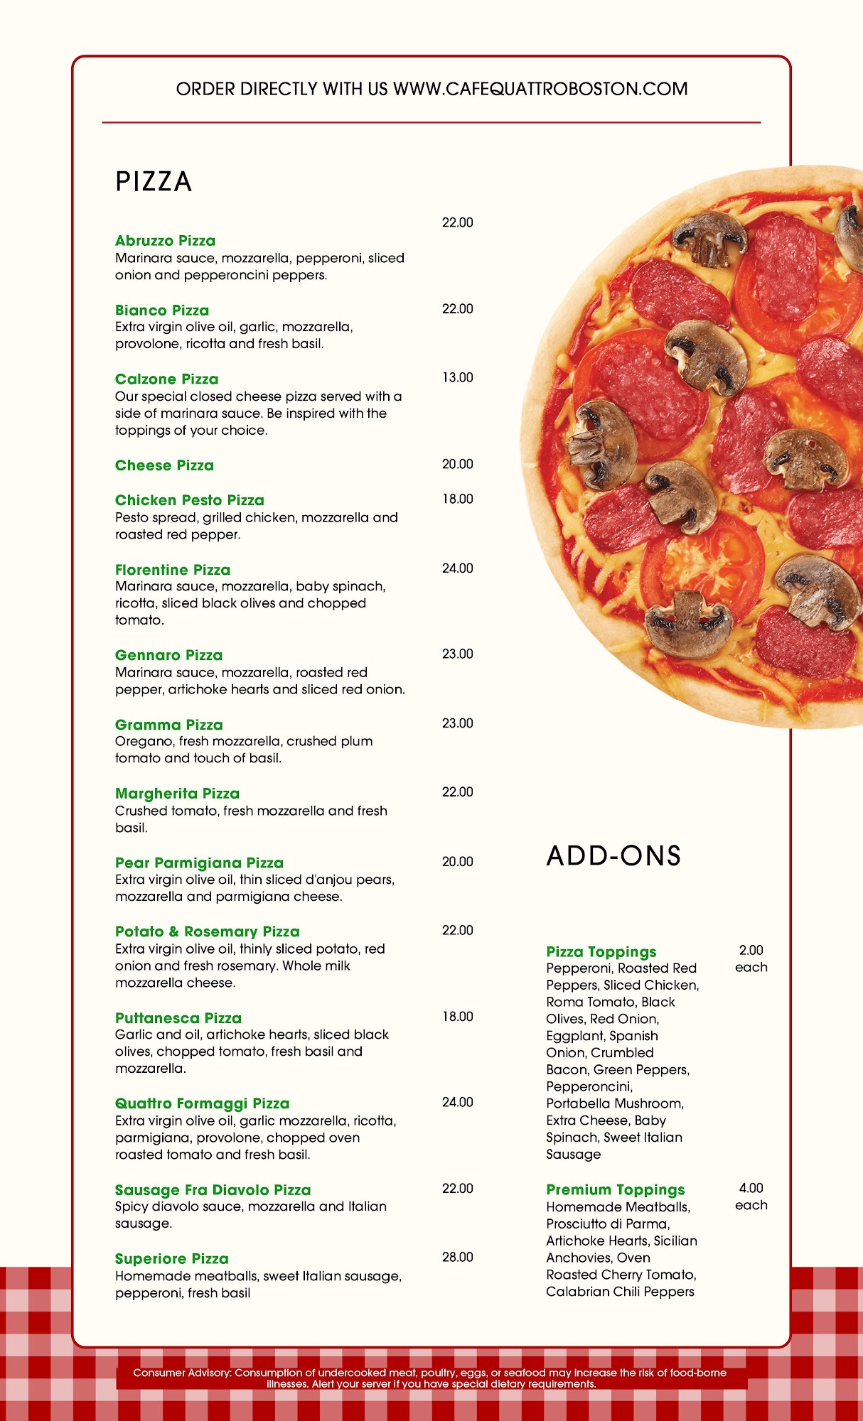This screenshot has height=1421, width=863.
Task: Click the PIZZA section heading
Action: point(154,182)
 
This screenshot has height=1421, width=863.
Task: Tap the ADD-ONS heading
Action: point(613,856)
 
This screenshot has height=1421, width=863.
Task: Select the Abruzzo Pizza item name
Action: point(165,241)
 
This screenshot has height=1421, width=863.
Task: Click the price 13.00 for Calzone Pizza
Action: point(457,378)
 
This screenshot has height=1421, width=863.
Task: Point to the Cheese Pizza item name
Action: point(164,465)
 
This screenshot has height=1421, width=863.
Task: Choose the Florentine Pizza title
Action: point(173,570)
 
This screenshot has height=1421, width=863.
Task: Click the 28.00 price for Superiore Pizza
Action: point(457,1257)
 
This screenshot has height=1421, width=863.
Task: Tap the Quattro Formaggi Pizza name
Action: point(202,1103)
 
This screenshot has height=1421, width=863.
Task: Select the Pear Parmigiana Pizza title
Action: point(199,863)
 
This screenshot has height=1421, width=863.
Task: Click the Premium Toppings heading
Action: point(615,1189)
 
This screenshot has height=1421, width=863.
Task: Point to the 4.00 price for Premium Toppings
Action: point(751,1188)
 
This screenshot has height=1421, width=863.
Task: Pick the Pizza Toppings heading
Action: point(601,951)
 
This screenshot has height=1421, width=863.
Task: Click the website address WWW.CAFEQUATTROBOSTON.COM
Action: point(540,89)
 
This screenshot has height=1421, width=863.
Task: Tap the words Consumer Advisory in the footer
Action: point(182,1373)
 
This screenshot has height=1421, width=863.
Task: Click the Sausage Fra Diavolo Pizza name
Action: point(213,1190)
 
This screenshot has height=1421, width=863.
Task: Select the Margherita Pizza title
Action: point(177,794)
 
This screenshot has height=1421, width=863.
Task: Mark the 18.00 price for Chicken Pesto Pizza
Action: point(457,499)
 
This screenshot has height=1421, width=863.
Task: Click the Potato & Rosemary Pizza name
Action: point(207,931)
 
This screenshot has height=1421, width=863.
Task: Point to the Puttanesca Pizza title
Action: point(178,1018)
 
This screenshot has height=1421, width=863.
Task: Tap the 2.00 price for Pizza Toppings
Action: point(751,950)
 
